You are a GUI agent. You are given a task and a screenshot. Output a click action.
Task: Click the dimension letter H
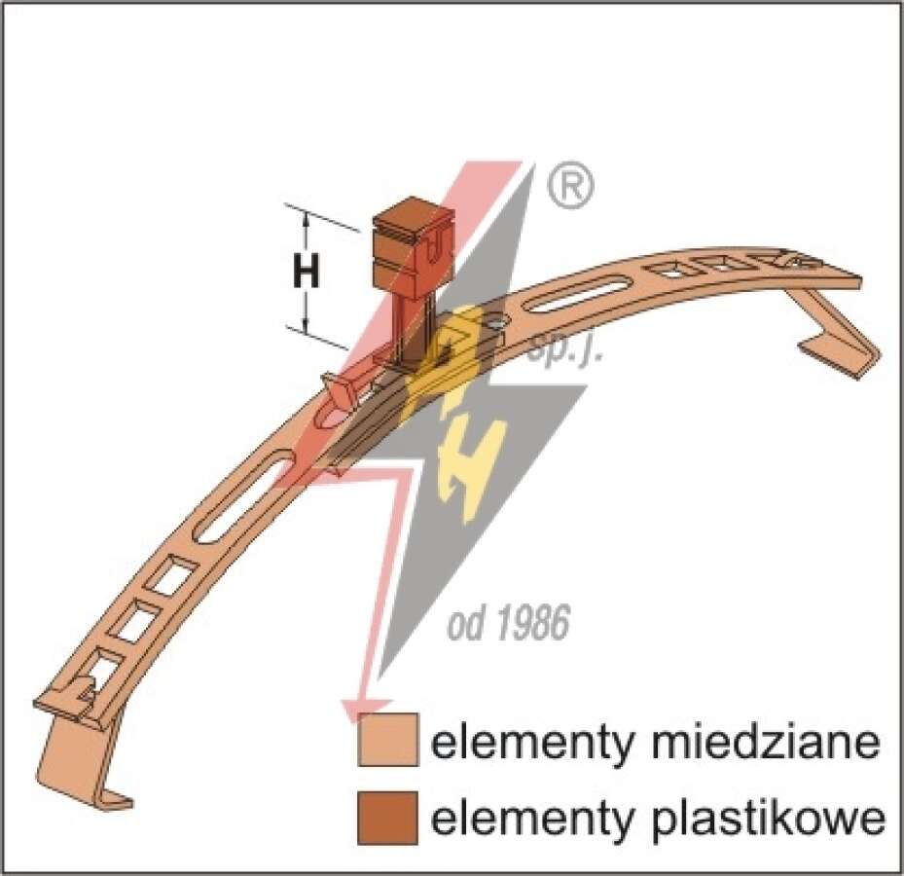[x=307, y=273]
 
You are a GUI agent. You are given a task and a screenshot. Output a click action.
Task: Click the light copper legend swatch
[x=388, y=740]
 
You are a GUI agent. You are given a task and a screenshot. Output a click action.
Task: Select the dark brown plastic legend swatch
[x=388, y=818]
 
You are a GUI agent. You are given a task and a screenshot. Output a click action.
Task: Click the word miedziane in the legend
[x=766, y=742]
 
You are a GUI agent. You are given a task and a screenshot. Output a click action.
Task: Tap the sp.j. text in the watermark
[x=565, y=348]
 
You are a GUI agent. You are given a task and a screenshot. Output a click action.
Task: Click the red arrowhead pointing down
[x=367, y=711]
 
